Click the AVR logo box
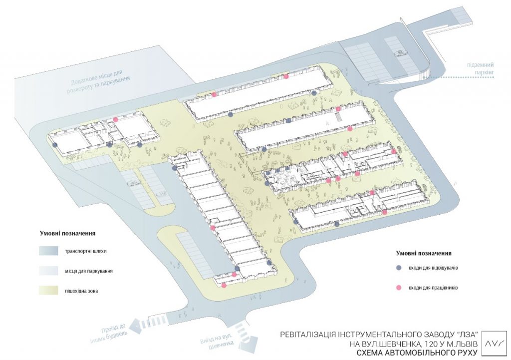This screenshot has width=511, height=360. (x=495, y=344)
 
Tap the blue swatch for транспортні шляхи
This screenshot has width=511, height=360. (x=48, y=251)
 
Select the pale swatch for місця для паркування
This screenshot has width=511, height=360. (x=48, y=271)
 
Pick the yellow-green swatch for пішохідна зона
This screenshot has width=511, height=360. (x=48, y=291)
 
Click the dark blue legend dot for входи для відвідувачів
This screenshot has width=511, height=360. (x=398, y=268)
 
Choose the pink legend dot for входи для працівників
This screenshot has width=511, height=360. (x=398, y=288)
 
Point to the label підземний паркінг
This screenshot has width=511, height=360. (x=481, y=68)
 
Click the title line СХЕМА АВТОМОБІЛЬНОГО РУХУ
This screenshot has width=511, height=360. (x=417, y=353)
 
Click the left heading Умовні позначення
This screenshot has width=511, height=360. (x=67, y=234)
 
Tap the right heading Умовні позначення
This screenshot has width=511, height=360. (x=424, y=253)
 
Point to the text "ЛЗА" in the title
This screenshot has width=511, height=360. (x=467, y=335)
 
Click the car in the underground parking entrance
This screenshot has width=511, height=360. (x=400, y=52)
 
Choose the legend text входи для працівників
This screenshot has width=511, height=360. (x=433, y=288)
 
